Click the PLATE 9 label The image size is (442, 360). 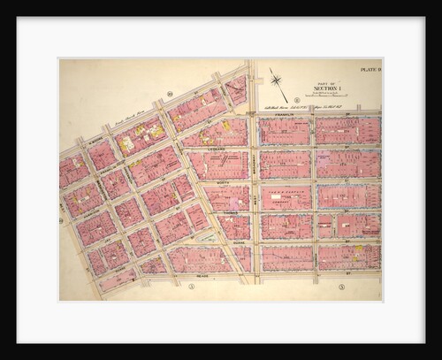point(369,68)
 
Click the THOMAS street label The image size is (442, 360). point(231,211)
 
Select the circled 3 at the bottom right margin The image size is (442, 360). point(340,287)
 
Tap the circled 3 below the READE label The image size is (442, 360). point(191,286)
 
